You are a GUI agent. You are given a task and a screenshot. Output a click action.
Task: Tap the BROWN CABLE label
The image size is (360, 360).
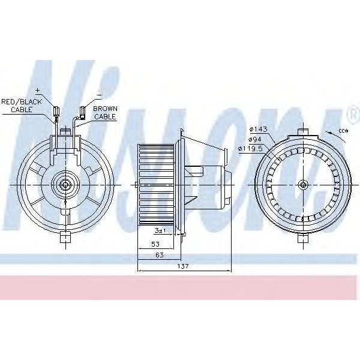105,113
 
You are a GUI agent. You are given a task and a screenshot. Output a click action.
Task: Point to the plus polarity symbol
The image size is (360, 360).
38,90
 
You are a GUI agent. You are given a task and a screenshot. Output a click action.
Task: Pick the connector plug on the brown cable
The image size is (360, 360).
83,110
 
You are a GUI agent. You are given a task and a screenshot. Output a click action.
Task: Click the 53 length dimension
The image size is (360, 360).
156,245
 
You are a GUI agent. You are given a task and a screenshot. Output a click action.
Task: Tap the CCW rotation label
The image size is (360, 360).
343,130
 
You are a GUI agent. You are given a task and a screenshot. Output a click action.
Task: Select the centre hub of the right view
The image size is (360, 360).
304,184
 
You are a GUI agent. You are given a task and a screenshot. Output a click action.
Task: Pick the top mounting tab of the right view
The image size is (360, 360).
304,132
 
